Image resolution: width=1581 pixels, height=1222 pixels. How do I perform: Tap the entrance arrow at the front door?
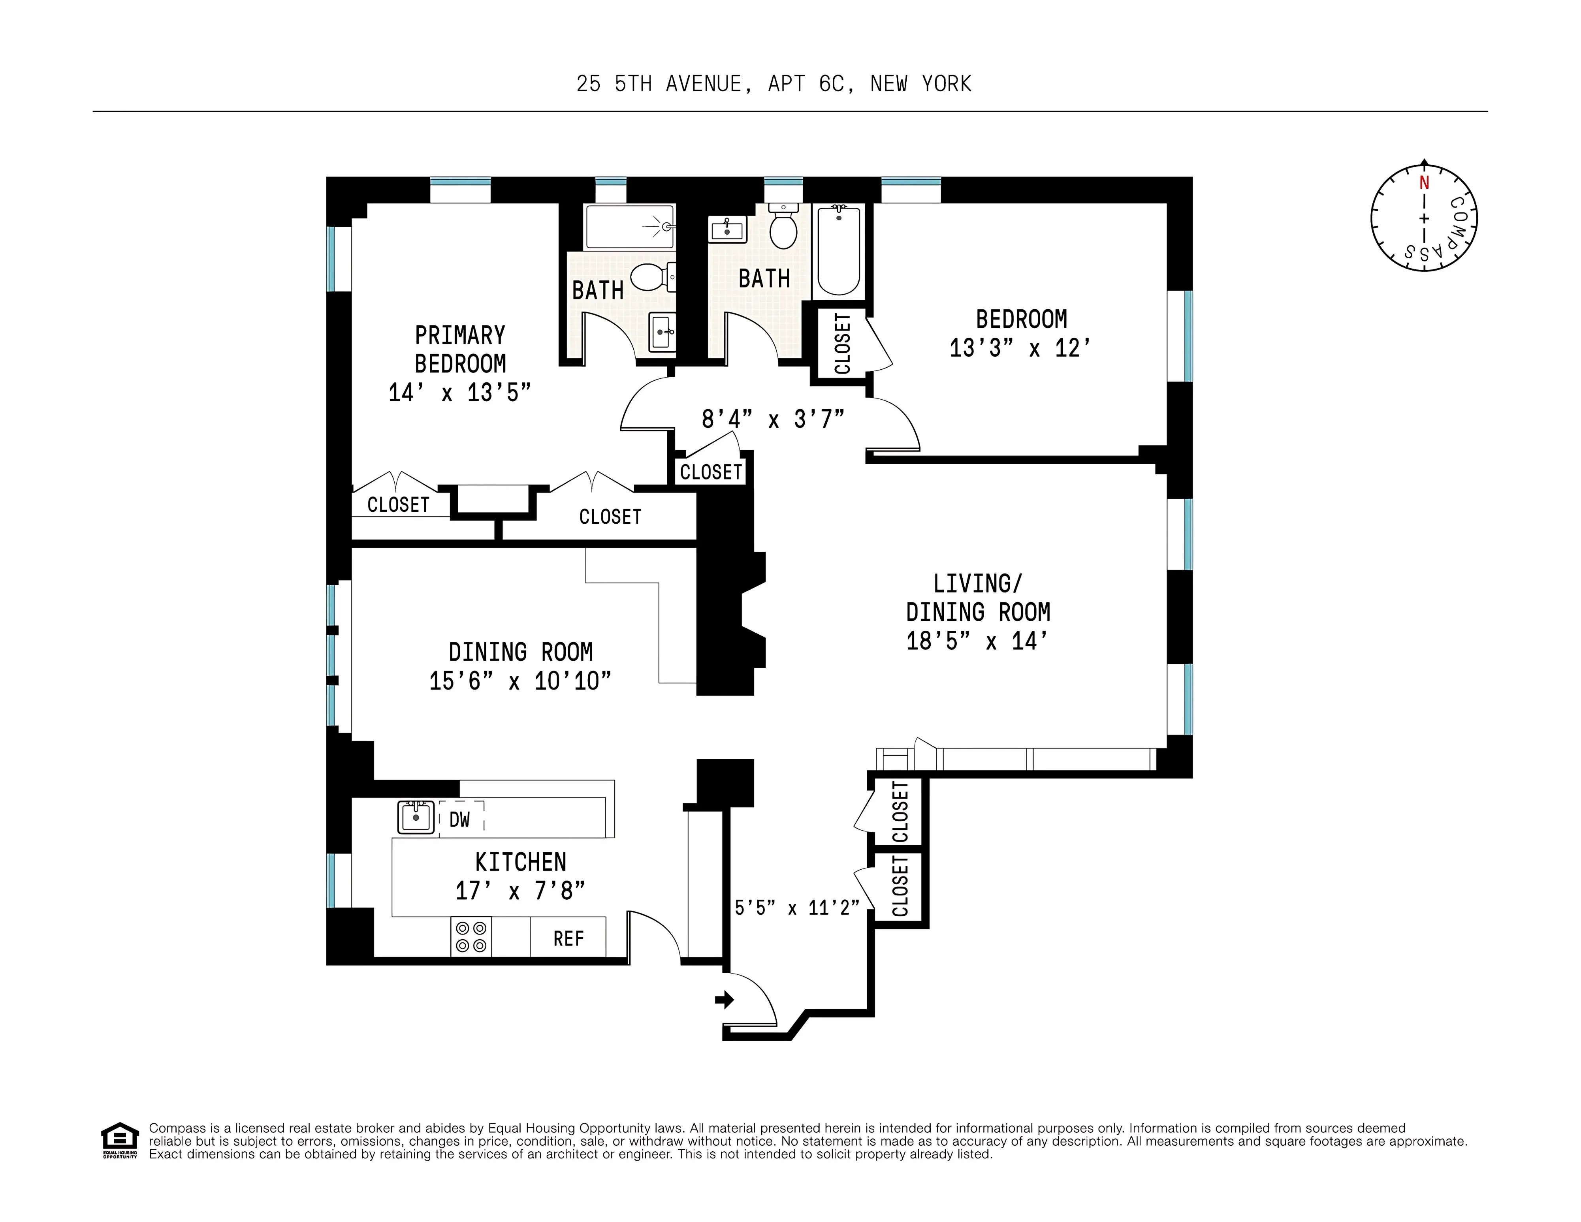click(724, 1000)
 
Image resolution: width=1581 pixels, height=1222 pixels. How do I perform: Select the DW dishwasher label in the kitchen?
click(460, 820)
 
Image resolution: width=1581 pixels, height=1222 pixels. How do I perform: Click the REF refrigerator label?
click(568, 939)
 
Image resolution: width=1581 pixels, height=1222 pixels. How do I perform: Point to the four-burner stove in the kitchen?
click(471, 937)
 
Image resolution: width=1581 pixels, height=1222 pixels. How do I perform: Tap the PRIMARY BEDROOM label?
click(460, 349)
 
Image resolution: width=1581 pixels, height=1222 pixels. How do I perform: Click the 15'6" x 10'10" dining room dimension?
click(520, 681)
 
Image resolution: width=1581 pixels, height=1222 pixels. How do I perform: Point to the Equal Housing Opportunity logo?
click(119, 1140)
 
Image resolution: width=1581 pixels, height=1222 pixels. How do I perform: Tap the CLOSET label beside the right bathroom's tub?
click(842, 343)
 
